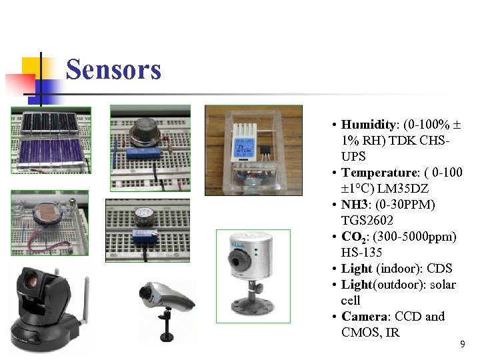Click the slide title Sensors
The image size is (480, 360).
(113, 69)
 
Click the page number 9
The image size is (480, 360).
(463, 345)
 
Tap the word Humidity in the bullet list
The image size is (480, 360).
(369, 125)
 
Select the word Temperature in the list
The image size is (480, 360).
(377, 173)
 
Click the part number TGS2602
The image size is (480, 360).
(367, 220)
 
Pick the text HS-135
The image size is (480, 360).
(361, 252)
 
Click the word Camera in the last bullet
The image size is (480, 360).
(365, 316)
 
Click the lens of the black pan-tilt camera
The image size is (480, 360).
(33, 280)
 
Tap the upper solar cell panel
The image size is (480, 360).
(50, 121)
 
